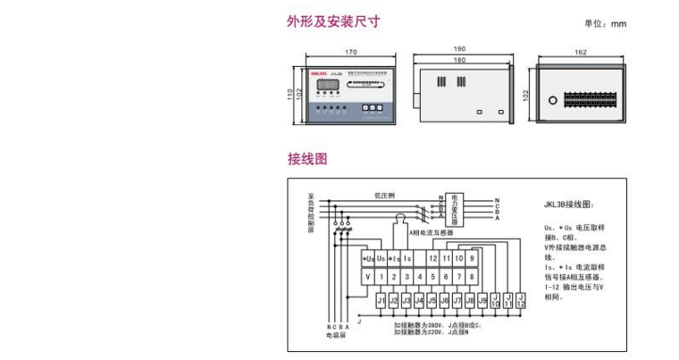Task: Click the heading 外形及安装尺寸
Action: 321,21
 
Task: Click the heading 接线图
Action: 307,159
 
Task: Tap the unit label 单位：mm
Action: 606,24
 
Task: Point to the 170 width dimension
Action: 350,53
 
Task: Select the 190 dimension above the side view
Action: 459,49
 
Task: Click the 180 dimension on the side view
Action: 459,60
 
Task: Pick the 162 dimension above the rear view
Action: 581,53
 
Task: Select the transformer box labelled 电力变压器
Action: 454,208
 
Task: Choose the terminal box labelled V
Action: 367,277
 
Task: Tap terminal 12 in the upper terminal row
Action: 432,258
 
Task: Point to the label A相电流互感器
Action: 432,232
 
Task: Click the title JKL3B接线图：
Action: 567,205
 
